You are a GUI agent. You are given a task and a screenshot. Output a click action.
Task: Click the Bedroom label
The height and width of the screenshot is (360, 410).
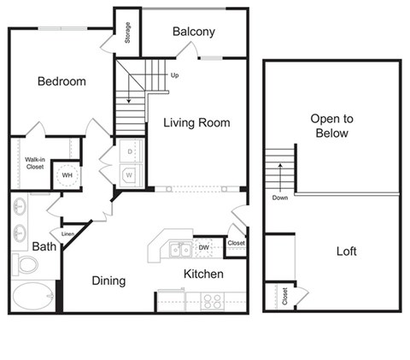(x=61, y=82)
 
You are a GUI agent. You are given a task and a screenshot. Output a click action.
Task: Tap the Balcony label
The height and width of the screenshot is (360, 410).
(x=193, y=32)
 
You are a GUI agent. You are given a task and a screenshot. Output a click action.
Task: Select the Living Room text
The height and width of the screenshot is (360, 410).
(x=196, y=123)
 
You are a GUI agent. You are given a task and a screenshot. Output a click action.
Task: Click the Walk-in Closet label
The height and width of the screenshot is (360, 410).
(x=34, y=162)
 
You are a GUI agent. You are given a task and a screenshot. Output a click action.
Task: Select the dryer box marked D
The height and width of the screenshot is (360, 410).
(x=130, y=152)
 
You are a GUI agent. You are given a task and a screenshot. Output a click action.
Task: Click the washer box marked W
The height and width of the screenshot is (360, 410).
(x=130, y=174)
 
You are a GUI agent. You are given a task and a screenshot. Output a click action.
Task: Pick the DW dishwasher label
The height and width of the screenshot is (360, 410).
(x=203, y=248)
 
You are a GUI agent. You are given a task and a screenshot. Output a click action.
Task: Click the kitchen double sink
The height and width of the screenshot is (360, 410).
(x=179, y=250)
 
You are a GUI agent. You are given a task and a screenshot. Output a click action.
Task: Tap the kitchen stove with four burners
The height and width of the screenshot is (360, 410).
(x=211, y=301)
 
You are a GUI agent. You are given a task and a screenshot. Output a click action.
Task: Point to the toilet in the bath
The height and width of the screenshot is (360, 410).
(x=25, y=263)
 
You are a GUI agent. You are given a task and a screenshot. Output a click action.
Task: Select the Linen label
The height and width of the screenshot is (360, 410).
(x=67, y=233)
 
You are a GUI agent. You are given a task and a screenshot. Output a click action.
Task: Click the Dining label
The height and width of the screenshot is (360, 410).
(x=109, y=280)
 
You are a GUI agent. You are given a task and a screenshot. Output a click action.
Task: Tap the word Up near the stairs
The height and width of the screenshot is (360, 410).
(x=175, y=75)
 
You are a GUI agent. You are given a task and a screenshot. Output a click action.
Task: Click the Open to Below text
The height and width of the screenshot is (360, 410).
(x=331, y=127)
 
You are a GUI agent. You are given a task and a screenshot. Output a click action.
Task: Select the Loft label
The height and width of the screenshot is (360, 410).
(x=346, y=251)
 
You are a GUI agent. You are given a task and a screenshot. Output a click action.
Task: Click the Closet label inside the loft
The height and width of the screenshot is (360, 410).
(x=284, y=297)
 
